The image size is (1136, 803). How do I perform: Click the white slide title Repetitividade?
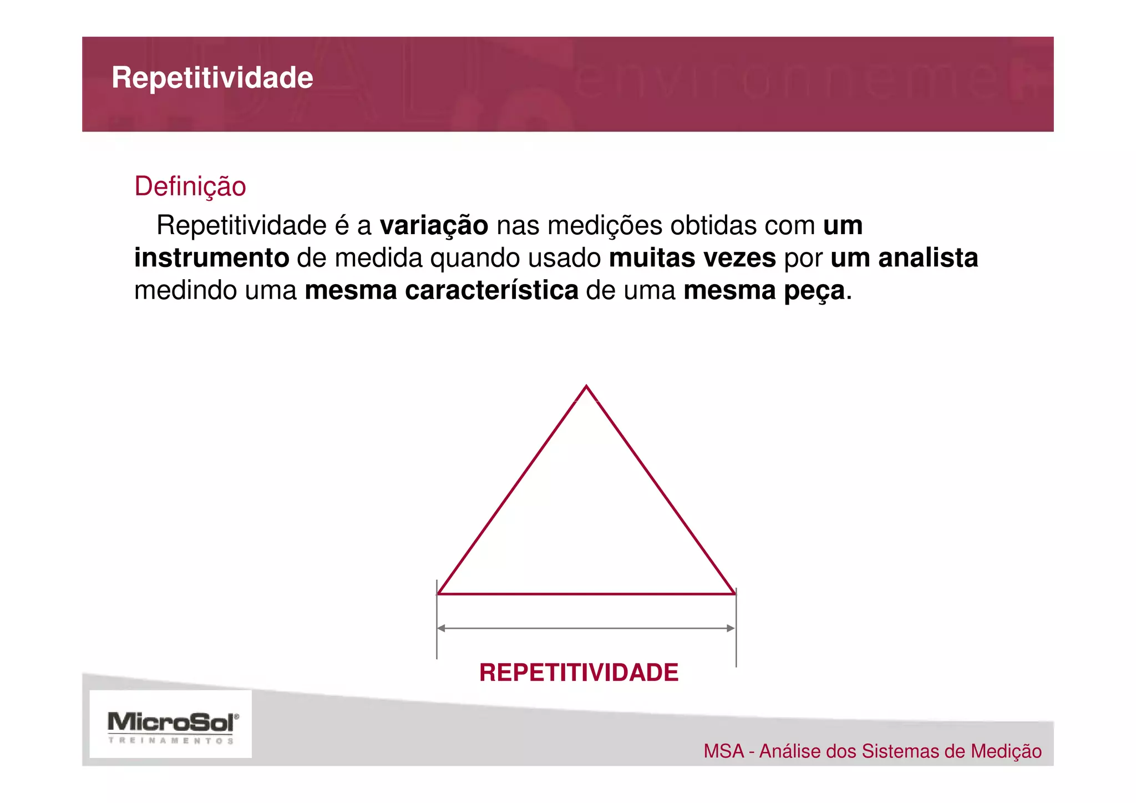coord(212,78)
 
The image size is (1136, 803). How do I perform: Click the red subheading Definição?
coord(190,186)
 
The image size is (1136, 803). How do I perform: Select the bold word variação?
coord(434,226)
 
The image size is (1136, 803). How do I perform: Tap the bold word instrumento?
coord(211,258)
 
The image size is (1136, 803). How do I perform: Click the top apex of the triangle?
coord(586,386)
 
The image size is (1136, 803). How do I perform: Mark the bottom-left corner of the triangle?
coord(439,593)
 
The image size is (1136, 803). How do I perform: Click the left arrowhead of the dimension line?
coord(442,628)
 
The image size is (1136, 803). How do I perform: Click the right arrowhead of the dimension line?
coord(731,628)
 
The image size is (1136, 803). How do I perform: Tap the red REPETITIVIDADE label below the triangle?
coord(579,673)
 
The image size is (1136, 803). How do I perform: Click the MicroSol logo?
coord(172,725)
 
